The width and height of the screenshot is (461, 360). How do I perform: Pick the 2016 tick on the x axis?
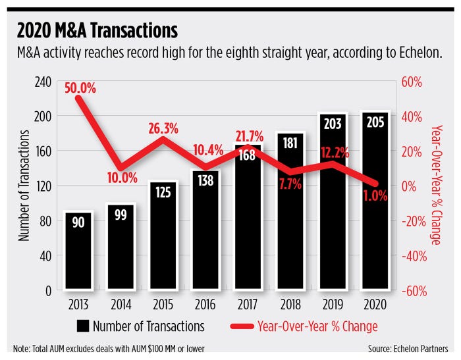204,304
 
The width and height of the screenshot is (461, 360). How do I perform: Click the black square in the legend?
82,326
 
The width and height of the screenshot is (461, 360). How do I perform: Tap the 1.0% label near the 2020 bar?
374,195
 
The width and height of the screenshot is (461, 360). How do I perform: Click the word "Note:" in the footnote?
22,348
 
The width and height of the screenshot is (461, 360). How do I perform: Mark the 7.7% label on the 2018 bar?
288,185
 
